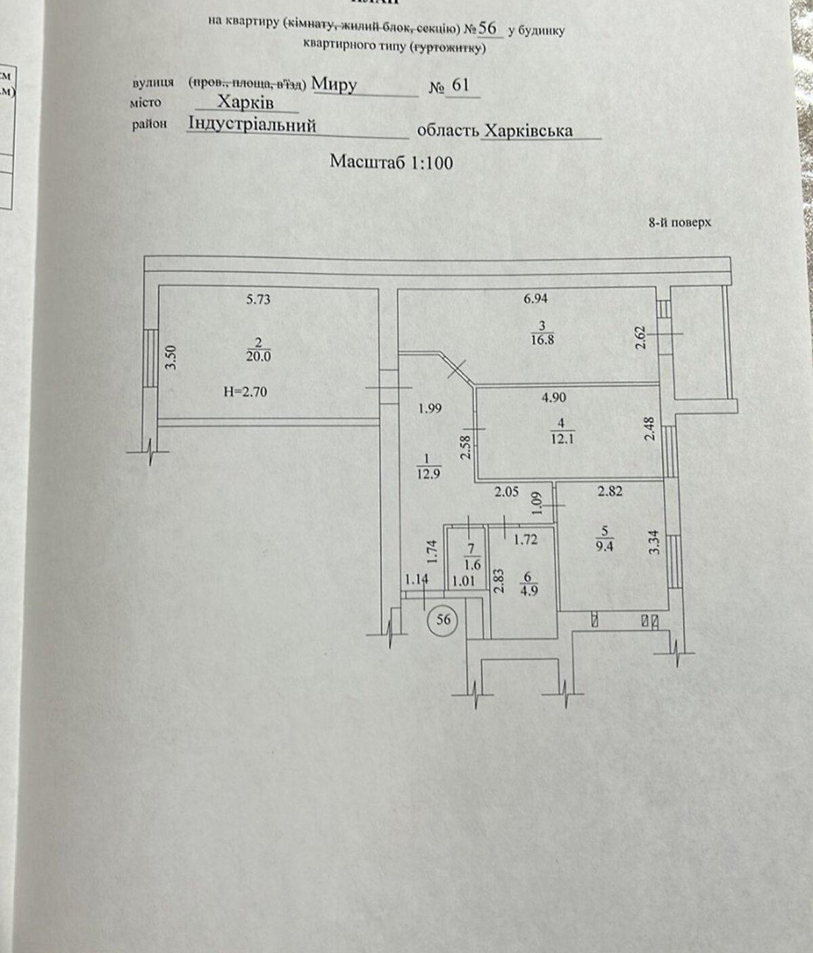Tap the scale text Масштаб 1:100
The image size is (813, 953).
coord(391,162)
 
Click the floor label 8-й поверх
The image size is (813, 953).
coord(680,222)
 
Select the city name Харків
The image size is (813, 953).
coord(245,103)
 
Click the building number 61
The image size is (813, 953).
coord(460,86)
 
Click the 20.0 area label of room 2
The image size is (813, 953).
coord(259,356)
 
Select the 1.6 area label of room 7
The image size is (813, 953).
coord(472,563)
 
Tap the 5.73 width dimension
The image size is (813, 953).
coord(258,298)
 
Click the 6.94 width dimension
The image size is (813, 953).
coord(535,298)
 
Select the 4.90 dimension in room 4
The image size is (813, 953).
coord(554,397)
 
